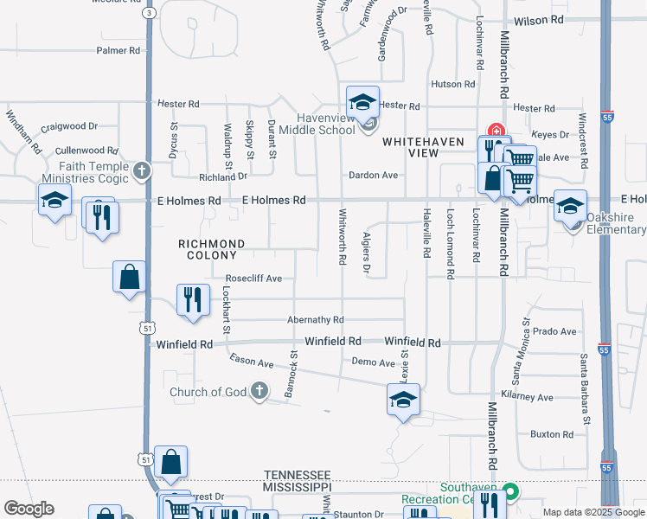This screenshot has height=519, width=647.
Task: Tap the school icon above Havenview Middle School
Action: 363,102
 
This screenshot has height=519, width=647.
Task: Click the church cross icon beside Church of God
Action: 259,392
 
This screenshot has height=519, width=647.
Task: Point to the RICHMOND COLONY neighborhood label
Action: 212,249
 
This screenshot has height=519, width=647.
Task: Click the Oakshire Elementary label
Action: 616,223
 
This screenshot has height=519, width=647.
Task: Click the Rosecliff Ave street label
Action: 253,279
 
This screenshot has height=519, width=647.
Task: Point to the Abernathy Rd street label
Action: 316,320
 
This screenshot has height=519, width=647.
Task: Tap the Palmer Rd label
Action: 119,51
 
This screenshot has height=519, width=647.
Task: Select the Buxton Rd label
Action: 552,433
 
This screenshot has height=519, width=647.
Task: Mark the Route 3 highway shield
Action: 150,13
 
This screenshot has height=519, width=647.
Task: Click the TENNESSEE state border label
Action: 298,475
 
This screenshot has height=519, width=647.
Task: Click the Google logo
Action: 29,509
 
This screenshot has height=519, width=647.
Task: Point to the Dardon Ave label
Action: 373,175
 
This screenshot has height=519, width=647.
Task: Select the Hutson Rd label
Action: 453,85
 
